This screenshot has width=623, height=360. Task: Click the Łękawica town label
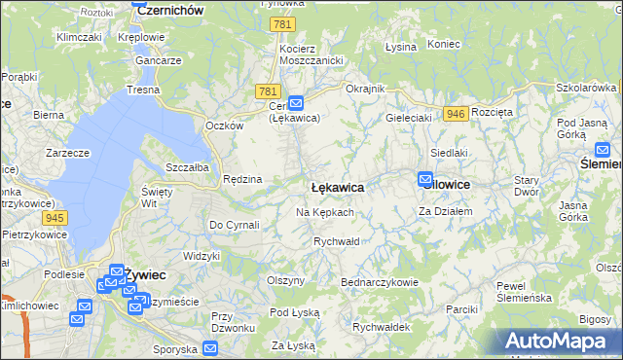pyautogui.click(x=337, y=187)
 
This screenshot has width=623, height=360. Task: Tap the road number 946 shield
pyautogui.click(x=455, y=114)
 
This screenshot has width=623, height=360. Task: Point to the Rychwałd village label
pyautogui.click(x=337, y=240)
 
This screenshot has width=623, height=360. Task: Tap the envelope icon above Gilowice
pyautogui.click(x=425, y=179)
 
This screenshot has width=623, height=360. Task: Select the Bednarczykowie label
pyautogui.click(x=379, y=282)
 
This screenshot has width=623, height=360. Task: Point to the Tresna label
pyautogui.click(x=143, y=89)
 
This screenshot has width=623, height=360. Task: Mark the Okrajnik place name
pyautogui.click(x=366, y=89)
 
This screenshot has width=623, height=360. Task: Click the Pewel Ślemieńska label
pyautogui.click(x=525, y=291)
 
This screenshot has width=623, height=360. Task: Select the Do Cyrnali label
pyautogui.click(x=234, y=225)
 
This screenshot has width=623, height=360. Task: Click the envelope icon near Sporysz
pyautogui.click(x=210, y=348)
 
